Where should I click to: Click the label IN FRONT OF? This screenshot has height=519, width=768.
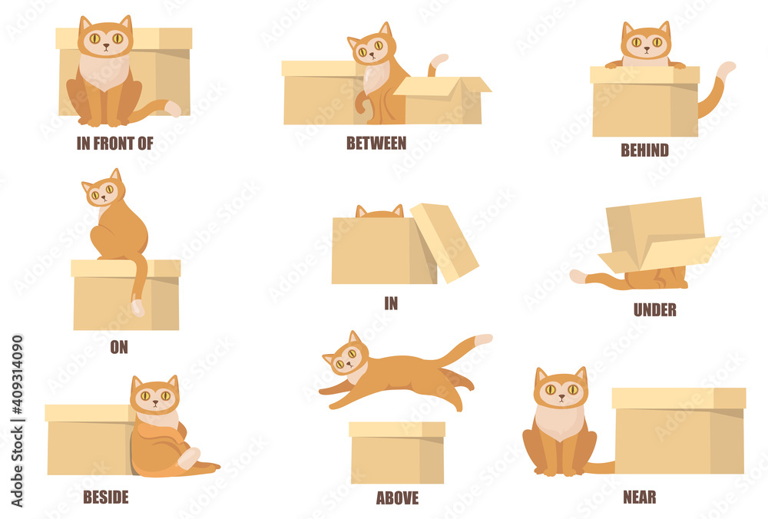coord(115,143)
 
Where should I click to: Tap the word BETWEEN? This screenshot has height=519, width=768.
coord(376,143)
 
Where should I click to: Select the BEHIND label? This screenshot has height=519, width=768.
coord(644,150)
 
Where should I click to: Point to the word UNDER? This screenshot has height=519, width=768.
coord(654,310)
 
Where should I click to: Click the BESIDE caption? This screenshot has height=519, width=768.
coord(106,497)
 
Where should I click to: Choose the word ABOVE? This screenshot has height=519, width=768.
coord(397,498)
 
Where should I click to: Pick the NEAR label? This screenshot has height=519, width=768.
coord(640,497)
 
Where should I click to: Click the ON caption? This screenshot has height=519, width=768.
coord(119,347)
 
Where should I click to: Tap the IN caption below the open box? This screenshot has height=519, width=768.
coord(391,303)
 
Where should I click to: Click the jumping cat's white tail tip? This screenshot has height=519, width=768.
coord(483,339)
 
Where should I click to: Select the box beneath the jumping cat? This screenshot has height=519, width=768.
coord(397,452)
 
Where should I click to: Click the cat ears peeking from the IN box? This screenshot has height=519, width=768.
coord(379,211)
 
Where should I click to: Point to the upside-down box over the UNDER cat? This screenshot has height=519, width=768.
coord(657,234)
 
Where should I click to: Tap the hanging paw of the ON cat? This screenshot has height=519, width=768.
coord(137,306)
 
